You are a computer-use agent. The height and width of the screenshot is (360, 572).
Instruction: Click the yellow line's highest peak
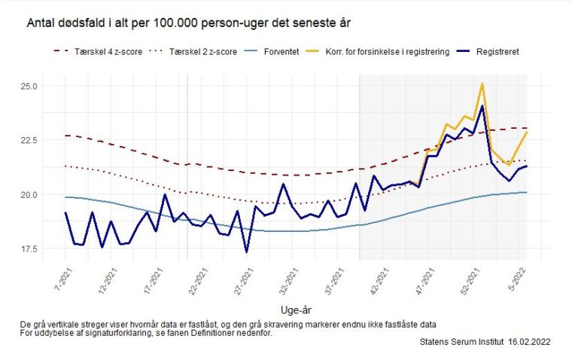point(482,84)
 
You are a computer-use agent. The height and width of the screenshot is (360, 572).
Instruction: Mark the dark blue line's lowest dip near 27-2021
point(247,252)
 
